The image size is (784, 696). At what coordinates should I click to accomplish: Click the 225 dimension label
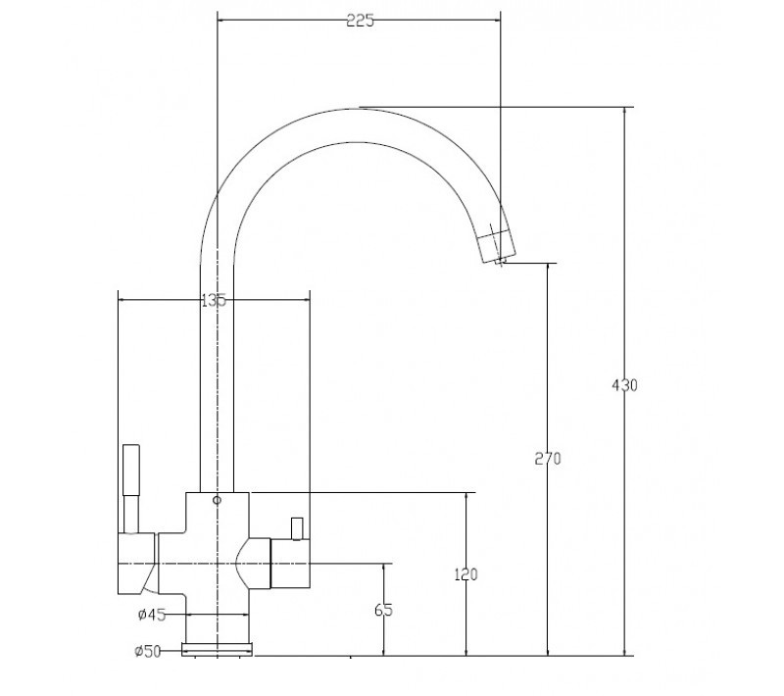point(360,21)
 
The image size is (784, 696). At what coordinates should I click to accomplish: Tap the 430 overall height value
point(624,385)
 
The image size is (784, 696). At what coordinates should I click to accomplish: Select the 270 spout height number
point(548,459)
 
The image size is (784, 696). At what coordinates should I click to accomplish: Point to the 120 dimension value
point(466,574)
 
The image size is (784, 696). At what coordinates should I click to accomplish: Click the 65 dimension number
point(383,610)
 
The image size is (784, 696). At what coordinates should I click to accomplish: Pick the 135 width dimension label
point(214,301)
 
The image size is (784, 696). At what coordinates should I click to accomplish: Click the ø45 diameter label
point(152,615)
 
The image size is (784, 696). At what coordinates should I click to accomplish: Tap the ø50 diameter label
point(148,651)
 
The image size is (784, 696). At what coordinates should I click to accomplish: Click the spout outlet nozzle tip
point(501,260)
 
